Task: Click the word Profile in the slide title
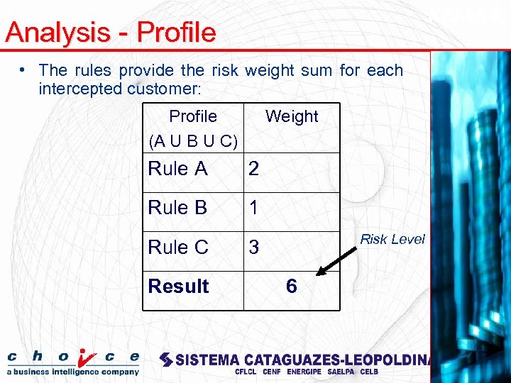coord(176,33)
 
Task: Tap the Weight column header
coord(292,116)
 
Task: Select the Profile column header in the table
coord(193,116)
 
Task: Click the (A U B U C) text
coord(193,140)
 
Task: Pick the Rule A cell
coord(178,169)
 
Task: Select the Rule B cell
coord(177,208)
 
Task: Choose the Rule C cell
coord(178,247)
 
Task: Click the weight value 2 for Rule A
coord(253,169)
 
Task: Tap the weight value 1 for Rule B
coord(253,208)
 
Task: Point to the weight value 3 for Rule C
coord(253,247)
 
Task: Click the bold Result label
coord(178,287)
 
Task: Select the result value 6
coord(291,287)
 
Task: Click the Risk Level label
coord(392,240)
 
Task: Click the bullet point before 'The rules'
coord(24,70)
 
